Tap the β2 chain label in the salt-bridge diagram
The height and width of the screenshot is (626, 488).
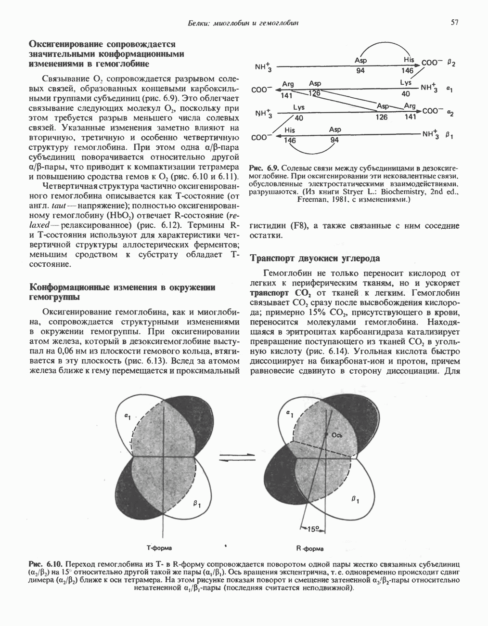(451, 63)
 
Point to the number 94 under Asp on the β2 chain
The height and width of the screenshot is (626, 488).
(360, 71)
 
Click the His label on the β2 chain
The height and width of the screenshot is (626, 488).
(409, 60)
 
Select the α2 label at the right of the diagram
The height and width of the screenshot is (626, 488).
(450, 112)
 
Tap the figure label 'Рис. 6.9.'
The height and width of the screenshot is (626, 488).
(263, 169)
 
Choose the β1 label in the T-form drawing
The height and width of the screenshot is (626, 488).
(197, 504)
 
